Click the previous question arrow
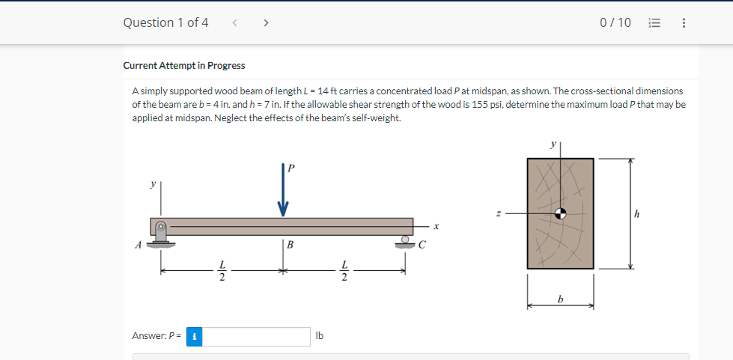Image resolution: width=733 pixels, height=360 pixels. [x=234, y=22]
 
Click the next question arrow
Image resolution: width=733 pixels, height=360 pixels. [x=266, y=22]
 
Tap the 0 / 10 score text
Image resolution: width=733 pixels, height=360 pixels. [x=615, y=22]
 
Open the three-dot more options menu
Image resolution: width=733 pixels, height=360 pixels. [x=683, y=22]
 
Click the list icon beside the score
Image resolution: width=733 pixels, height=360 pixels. [x=653, y=22]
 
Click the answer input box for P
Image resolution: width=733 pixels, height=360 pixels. [x=256, y=336]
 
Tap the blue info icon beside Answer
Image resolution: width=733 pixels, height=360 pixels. [x=194, y=336]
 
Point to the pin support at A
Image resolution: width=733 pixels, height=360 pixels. [x=159, y=231]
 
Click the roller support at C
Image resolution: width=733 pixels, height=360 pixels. [x=406, y=240]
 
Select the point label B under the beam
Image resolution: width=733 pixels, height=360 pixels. [x=290, y=245]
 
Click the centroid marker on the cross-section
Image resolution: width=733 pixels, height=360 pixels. [x=560, y=213]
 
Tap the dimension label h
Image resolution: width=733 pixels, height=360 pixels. [x=636, y=214]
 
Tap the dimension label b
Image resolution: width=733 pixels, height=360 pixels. [x=560, y=299]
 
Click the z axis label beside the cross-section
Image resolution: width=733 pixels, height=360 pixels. [x=498, y=213]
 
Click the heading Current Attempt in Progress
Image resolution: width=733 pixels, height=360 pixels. [x=184, y=66]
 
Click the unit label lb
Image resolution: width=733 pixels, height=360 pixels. [x=320, y=336]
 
